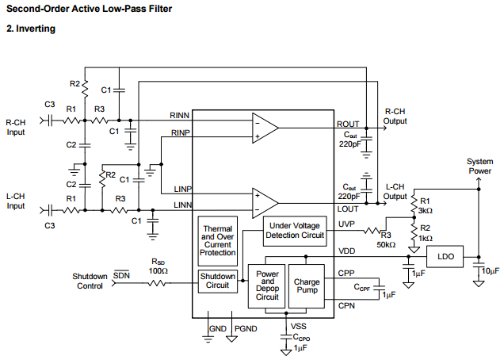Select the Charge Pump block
pyautogui.click(x=307, y=286)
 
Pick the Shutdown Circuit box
pyautogui.click(x=218, y=280)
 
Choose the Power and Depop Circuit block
pyautogui.click(x=267, y=286)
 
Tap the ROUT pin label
pyautogui.click(x=348, y=124)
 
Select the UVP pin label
pyautogui.click(x=346, y=224)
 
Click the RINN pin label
pyautogui.click(x=180, y=116)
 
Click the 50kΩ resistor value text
pyautogui.click(x=386, y=245)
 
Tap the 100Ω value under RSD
pyautogui.click(x=159, y=270)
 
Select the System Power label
pyautogui.click(x=479, y=165)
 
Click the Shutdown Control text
pyautogui.click(x=90, y=281)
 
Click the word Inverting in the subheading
pyautogui.click(x=36, y=29)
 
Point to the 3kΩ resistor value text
pyautogui.click(x=426, y=210)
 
